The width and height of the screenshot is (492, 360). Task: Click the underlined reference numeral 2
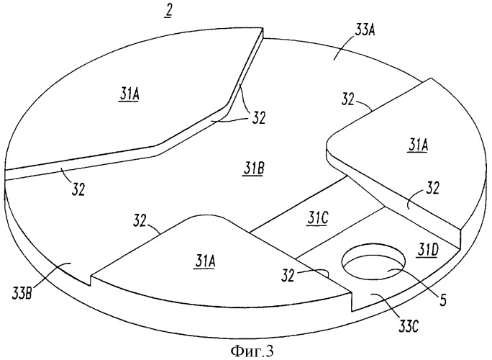coord(168,12)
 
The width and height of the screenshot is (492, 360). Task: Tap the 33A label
coord(365,31)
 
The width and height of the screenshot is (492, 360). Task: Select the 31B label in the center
coord(252,170)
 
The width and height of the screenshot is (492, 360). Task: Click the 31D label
coord(427,251)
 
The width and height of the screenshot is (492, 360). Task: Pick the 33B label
coord(22,296)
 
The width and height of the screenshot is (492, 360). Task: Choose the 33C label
coord(408,327)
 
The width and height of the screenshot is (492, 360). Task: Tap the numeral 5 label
coord(442,300)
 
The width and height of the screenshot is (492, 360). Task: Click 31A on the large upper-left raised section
coord(129,94)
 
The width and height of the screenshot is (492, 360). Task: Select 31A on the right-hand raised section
coord(418,146)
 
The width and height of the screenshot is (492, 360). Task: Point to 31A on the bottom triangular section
coord(205,261)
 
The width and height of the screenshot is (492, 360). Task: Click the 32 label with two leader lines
coord(258,118)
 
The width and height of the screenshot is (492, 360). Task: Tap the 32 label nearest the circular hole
coord(287,276)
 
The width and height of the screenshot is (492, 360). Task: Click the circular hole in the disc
coord(374,261)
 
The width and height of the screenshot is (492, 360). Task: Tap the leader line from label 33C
coord(387,305)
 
